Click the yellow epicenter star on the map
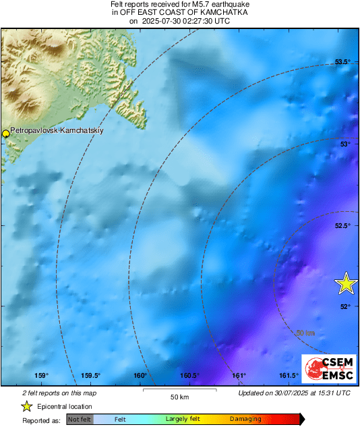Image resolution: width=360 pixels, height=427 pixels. click(346, 283)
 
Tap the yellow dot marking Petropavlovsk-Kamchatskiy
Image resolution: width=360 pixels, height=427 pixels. click(6, 134)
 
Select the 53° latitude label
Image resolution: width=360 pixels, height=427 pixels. click(344, 144)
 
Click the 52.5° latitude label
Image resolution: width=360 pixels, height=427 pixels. click(344, 225)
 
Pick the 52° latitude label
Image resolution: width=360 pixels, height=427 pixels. click(344, 306)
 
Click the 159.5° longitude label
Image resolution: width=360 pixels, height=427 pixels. click(90, 376)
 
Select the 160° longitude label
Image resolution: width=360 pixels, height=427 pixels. click(140, 376)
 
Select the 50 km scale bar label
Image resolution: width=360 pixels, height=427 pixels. click(178, 396)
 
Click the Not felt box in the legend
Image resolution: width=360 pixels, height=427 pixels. click(80, 419)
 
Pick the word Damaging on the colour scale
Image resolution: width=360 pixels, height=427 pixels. click(245, 419)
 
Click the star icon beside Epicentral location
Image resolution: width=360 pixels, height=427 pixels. click(27, 406)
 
